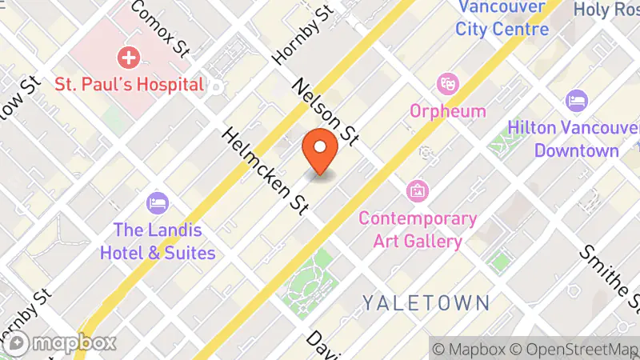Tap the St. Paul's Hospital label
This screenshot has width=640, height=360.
click(x=129, y=83)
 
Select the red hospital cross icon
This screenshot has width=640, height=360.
click(x=128, y=58)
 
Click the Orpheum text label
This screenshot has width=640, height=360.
click(x=448, y=110)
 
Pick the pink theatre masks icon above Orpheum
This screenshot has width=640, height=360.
click(x=446, y=82)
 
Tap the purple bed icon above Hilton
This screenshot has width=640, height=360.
click(x=576, y=102)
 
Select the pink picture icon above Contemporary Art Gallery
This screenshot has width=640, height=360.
click(x=417, y=190)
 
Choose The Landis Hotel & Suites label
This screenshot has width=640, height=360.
click(x=158, y=241)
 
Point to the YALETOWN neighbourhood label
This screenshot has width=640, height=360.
click(x=425, y=302)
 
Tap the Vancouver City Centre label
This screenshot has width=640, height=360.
click(x=503, y=18)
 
